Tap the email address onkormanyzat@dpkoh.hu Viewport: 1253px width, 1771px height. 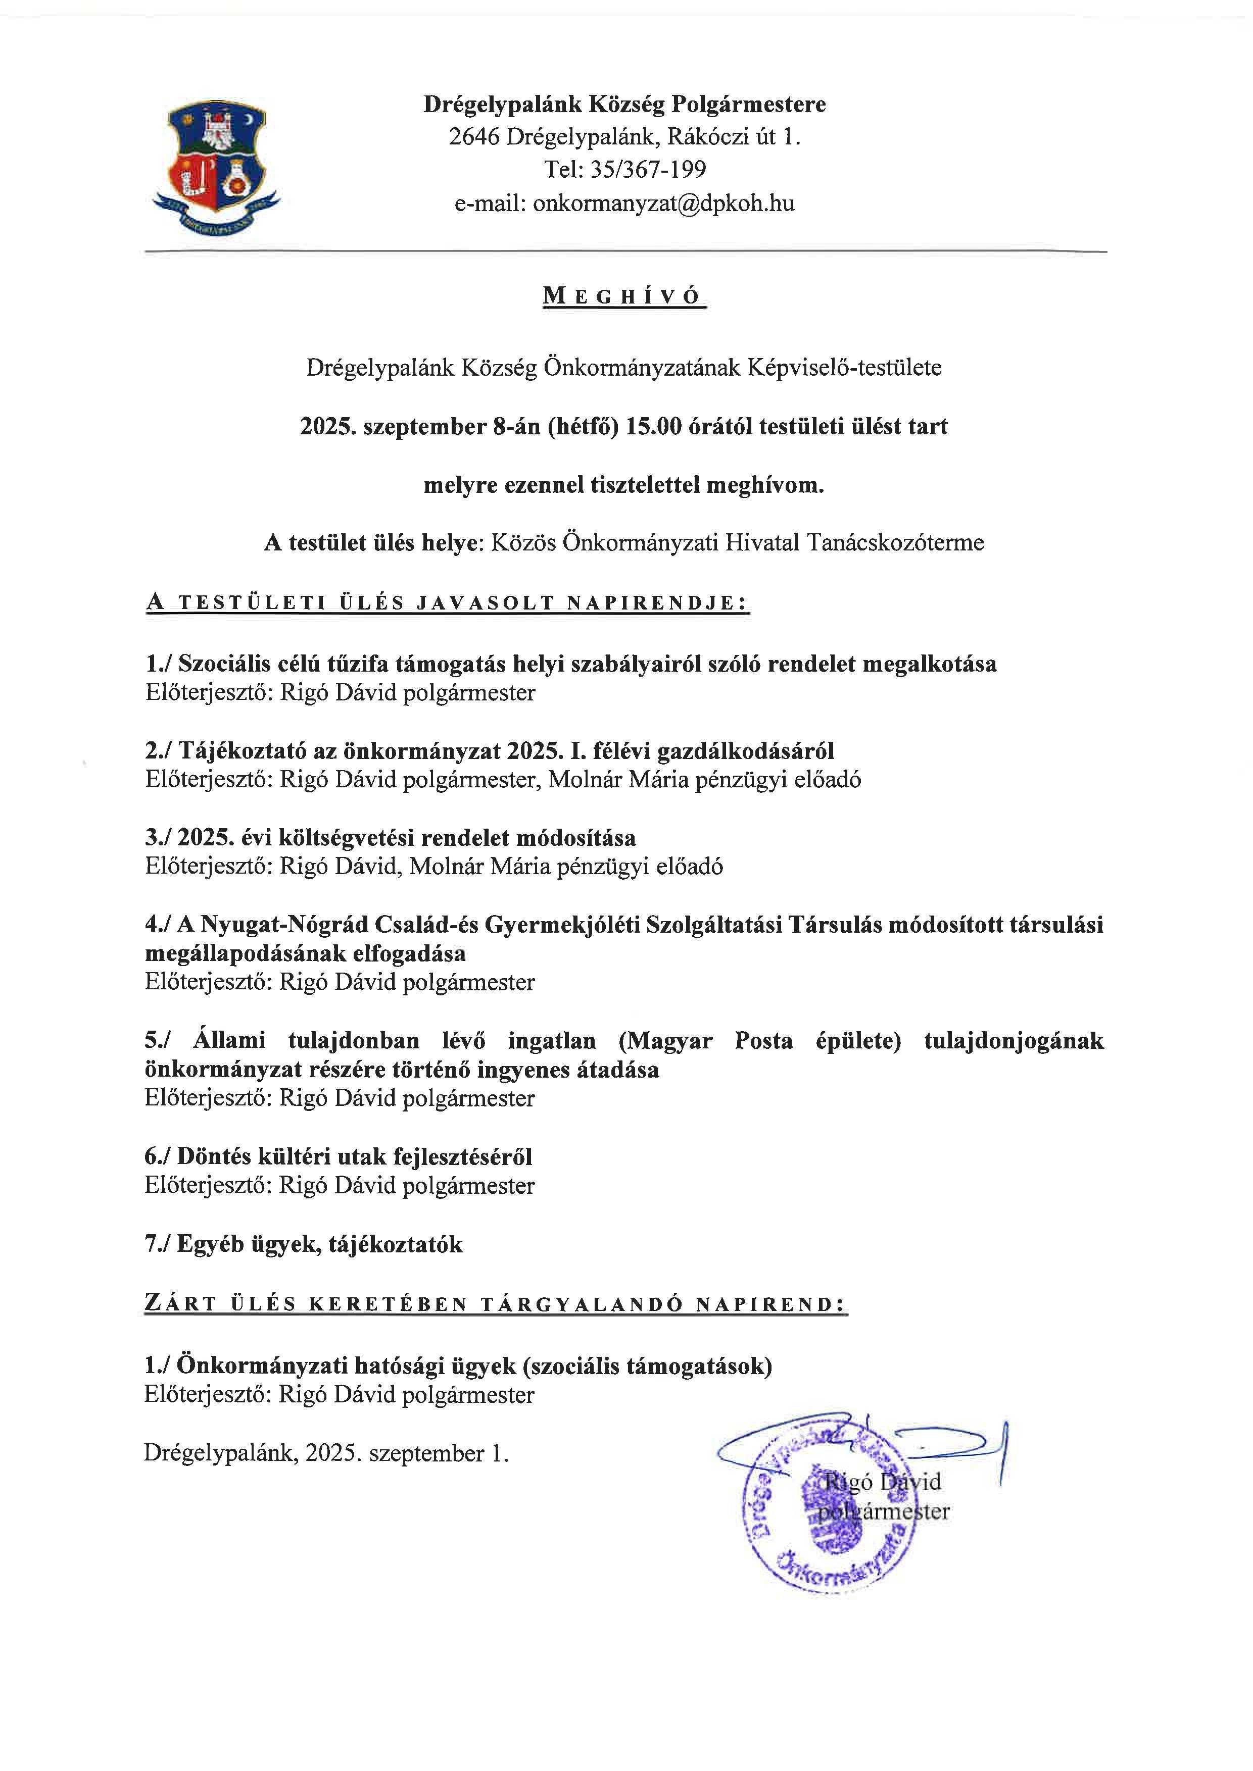point(663,204)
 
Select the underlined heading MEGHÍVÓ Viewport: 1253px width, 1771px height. point(624,296)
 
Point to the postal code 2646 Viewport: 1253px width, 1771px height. point(474,137)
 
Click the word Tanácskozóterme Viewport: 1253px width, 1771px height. point(896,542)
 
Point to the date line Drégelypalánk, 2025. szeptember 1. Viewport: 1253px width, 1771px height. point(326,1453)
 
